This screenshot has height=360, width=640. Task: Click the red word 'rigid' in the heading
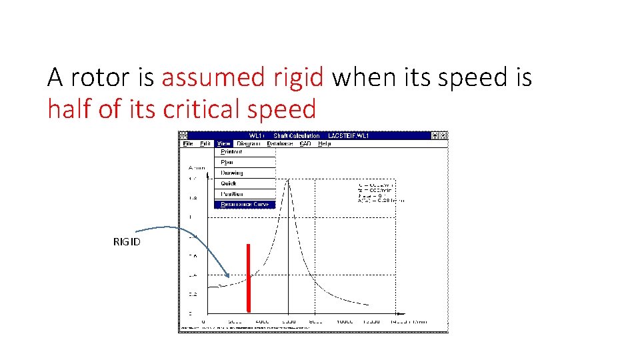coord(299,79)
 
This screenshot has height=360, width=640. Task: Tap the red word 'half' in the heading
coord(70,109)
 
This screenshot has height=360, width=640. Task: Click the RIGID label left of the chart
coord(127,241)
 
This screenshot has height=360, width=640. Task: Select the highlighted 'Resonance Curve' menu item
coord(245,205)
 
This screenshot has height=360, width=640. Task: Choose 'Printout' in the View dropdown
coord(232,151)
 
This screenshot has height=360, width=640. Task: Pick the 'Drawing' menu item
coord(232,173)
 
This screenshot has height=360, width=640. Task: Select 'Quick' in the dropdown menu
coord(229,183)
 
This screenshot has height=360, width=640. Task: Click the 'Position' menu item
coord(232,194)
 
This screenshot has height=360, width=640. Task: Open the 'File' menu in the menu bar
coord(189,143)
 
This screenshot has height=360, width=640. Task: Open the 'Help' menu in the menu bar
coord(324,143)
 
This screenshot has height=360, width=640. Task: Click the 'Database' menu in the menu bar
coord(279,143)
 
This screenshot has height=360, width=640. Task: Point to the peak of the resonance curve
coord(288,180)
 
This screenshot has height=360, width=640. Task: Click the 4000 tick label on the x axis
coord(262,321)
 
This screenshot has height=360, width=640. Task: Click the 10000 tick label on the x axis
coord(344,321)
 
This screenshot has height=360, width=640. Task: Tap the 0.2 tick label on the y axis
coord(193,294)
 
